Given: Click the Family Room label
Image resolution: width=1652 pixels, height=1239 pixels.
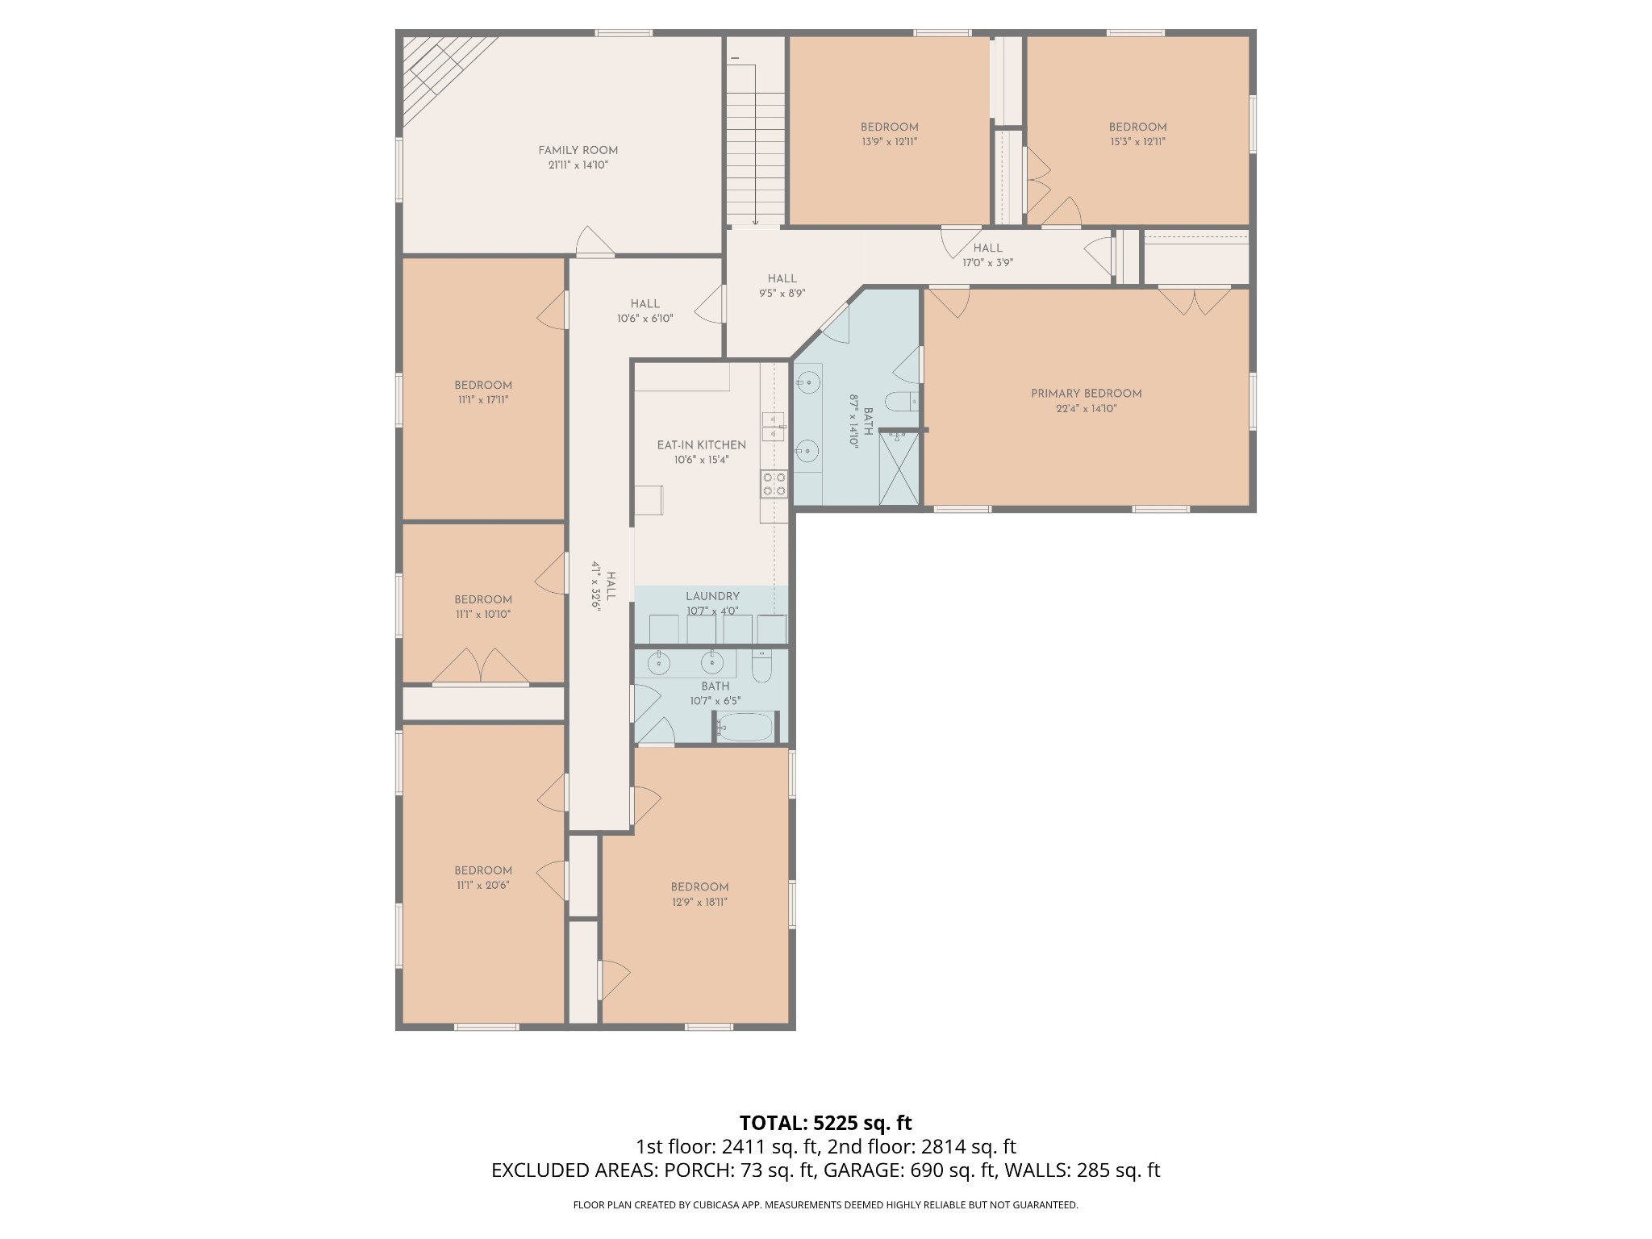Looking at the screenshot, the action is point(578,150).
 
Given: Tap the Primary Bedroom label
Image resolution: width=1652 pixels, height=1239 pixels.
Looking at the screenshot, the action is point(1086,394).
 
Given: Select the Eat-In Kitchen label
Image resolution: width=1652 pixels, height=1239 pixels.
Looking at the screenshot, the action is point(701,445).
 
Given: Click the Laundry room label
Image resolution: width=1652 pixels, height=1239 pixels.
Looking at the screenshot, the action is point(712,597).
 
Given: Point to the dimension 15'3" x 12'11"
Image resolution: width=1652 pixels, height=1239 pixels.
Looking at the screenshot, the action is point(1137,142).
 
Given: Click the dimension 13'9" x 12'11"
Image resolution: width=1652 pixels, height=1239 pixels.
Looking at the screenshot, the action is point(889,142).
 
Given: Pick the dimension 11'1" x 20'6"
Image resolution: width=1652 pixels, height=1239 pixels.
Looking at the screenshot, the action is point(482,885).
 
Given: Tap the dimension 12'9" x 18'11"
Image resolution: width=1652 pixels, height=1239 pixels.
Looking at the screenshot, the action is point(699,902).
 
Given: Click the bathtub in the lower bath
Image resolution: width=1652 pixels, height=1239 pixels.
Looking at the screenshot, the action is point(745,727).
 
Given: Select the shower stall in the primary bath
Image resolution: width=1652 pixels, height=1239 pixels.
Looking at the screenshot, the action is point(899,469).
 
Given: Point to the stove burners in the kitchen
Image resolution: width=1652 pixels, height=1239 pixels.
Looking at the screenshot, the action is point(774,484).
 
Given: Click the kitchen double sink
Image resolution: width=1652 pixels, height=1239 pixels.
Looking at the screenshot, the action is point(774,426).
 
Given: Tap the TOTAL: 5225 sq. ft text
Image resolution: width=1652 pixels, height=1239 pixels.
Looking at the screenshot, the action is point(825,1123).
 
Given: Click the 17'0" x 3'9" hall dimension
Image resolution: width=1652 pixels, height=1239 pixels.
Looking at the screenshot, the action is point(987,262).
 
